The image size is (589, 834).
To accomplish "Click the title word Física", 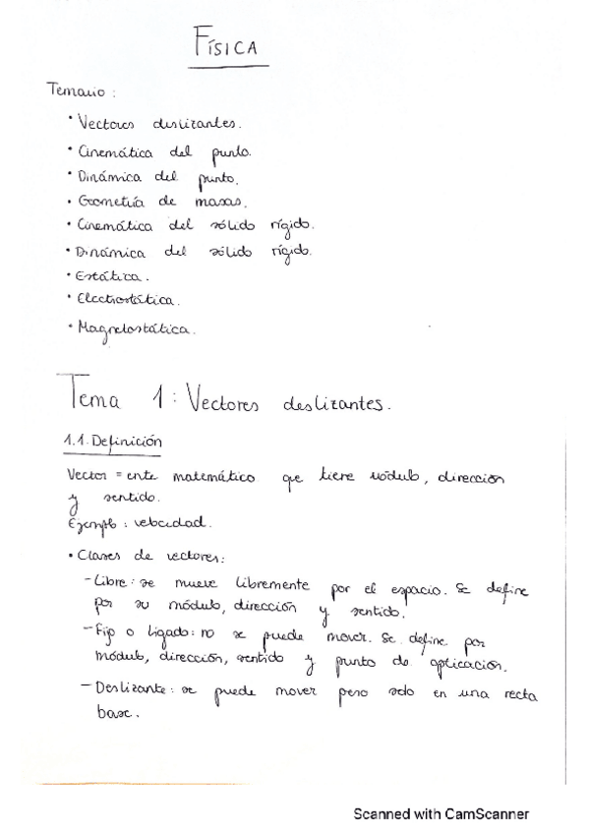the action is pos(228,46).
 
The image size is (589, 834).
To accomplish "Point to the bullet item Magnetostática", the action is pos(135,328).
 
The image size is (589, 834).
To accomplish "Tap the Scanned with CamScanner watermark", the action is pos(442,813).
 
